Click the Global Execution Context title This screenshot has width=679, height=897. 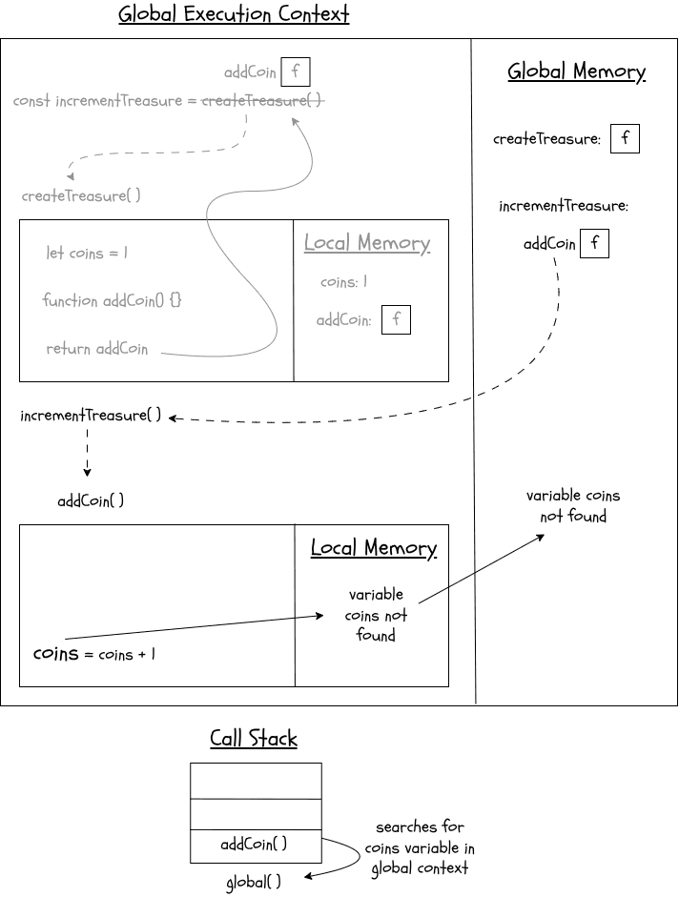pos(234,15)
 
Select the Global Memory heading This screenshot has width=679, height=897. pos(576,71)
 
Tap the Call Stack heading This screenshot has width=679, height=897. pos(254,739)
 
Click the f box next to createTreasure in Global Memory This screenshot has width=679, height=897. pos(625,139)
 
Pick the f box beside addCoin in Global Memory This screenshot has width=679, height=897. pos(594,244)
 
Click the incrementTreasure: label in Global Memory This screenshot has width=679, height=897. pos(564,206)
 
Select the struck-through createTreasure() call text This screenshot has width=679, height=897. pos(262,101)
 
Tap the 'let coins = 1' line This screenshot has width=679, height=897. pos(87,254)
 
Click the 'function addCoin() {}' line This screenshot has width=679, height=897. pos(112,301)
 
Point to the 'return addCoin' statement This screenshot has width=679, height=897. pos(97,349)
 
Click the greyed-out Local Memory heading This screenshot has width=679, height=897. pos(367,243)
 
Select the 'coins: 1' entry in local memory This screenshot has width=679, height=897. pos(343,282)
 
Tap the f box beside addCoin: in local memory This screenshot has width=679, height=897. pos(396,320)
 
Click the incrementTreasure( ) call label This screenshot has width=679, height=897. pos(91,417)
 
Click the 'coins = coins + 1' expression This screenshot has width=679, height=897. pos(94,655)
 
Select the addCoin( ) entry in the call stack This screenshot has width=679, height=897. pos(254,844)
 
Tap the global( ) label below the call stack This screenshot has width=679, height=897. pos(254,883)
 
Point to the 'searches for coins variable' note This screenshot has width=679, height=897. pos(420,847)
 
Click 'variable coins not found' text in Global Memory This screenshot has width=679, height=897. pos(573,506)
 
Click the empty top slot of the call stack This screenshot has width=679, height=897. pos(256,781)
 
